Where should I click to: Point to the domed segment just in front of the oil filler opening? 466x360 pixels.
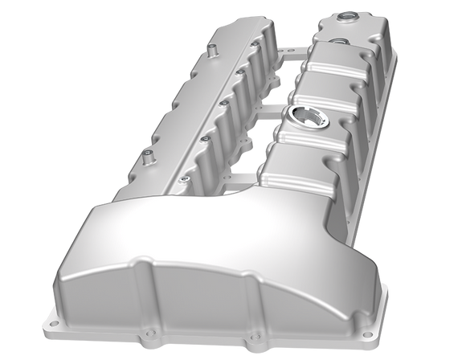pos(301,161)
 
